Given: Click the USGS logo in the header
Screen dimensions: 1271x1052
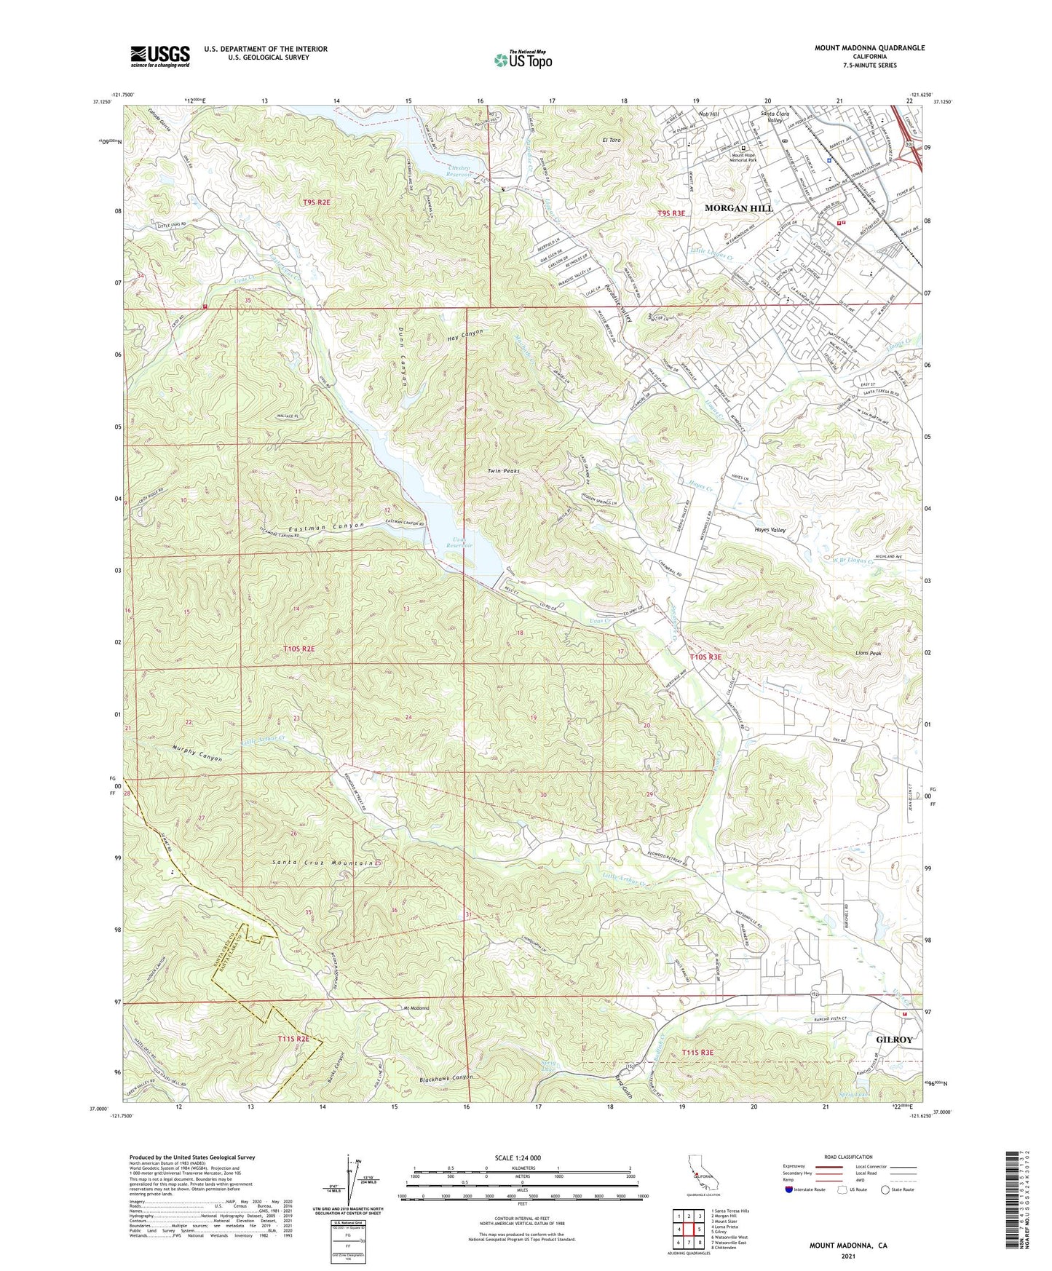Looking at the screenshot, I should click(x=160, y=56).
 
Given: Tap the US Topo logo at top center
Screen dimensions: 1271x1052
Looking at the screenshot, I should click(x=522, y=60).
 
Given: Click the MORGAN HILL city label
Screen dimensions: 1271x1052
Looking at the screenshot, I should click(x=738, y=208).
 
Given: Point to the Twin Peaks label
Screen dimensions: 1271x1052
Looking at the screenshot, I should click(x=503, y=471).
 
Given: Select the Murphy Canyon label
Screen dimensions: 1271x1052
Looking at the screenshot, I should click(x=187, y=753).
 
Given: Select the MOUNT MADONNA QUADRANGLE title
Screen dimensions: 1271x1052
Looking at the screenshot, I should click(x=869, y=48).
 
